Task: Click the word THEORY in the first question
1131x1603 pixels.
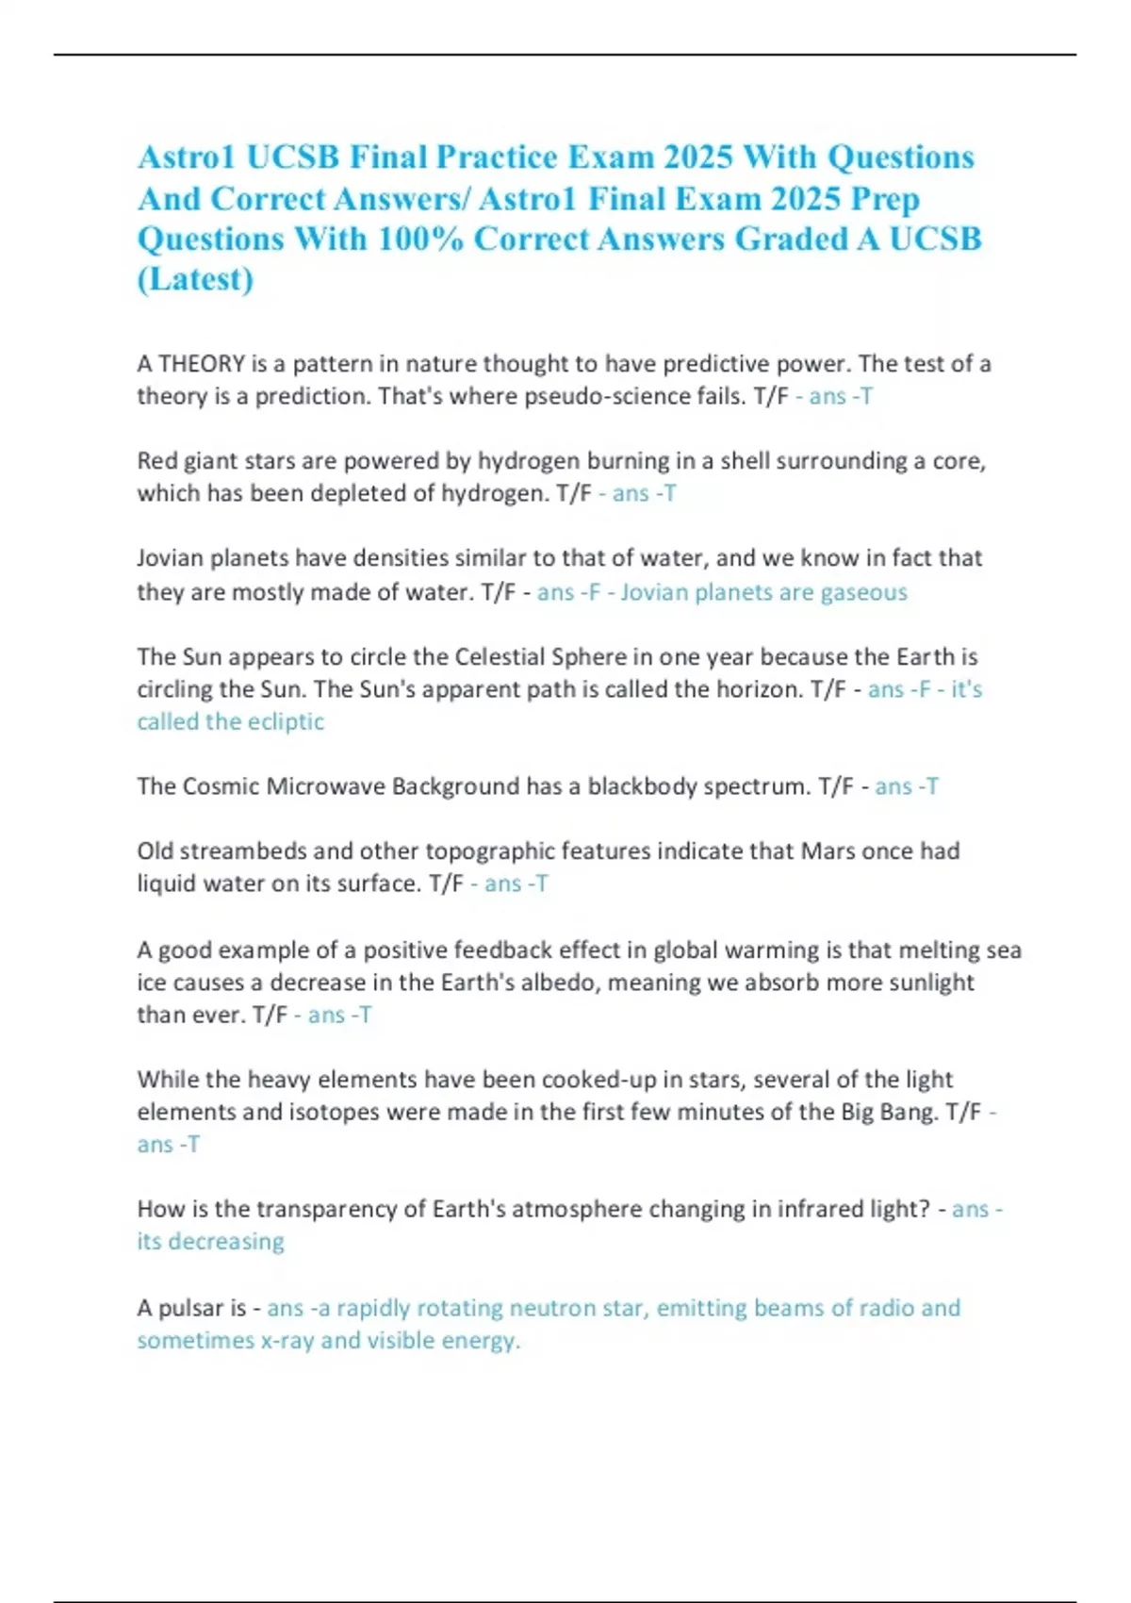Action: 201,364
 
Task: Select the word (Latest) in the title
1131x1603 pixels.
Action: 195,279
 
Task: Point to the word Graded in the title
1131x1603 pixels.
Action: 791,239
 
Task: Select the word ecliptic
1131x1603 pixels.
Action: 286,721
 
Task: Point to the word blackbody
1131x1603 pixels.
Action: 649,786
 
